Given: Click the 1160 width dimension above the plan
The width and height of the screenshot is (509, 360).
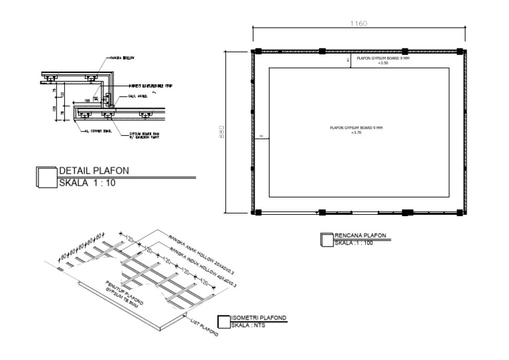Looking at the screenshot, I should coord(359,24).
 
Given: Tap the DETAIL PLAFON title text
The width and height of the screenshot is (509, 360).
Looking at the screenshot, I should coord(94,171).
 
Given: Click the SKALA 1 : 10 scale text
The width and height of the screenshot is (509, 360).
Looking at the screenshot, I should coord(87,184).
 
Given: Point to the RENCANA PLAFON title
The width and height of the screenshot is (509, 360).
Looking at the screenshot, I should coord(361,235).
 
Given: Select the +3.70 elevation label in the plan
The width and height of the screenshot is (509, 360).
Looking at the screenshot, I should coord(357,133).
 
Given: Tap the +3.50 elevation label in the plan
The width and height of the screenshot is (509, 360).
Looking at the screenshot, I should coord(382,63).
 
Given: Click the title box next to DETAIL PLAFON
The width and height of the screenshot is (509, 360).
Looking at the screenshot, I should coord(47,177).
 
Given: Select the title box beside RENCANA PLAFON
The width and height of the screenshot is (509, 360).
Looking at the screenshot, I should coord(325,239).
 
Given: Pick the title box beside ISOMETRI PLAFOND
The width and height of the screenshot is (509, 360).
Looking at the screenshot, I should coord(223,322).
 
